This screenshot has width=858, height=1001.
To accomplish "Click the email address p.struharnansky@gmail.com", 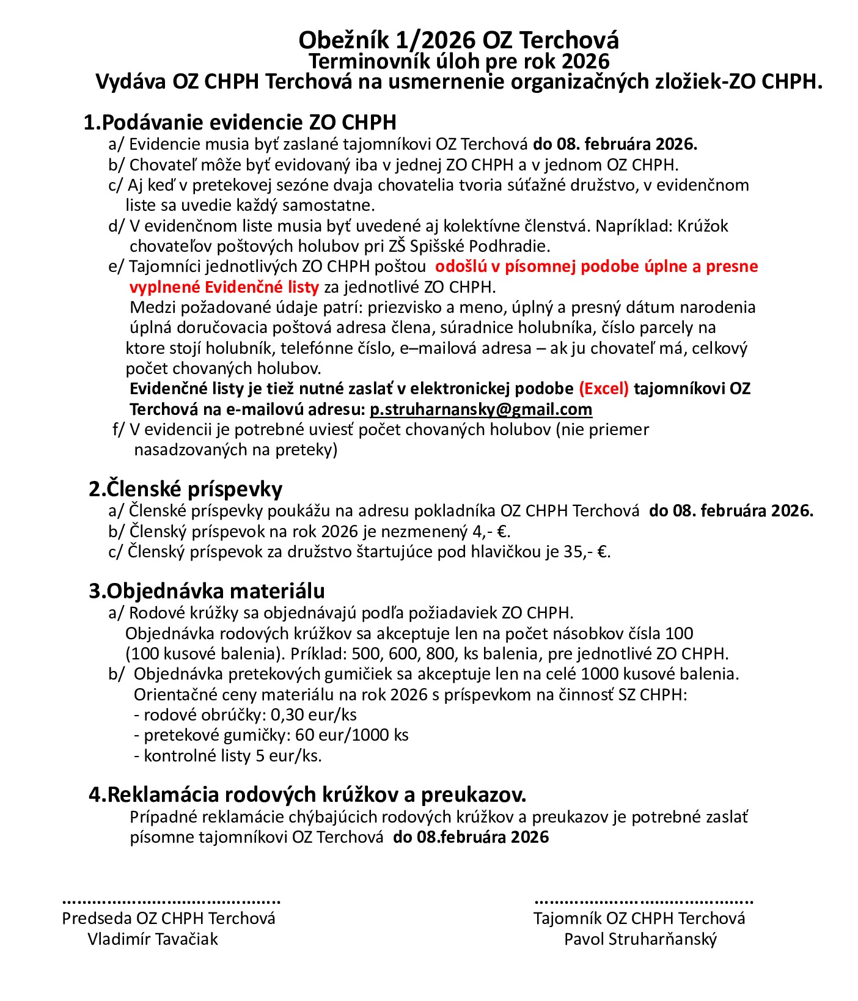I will pos(481,409).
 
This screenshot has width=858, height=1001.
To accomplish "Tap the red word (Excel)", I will pos(604,389).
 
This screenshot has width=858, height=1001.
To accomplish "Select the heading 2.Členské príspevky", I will pos(185,489).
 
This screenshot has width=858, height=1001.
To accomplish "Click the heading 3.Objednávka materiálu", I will pos(207,591).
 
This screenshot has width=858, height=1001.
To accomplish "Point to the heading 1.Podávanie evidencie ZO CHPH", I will pos(240,122).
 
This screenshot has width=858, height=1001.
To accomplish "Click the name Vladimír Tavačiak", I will pos(153,939).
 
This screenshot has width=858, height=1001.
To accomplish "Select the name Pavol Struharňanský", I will pos(640,939).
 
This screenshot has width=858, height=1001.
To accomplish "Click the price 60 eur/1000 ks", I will pos(351,735).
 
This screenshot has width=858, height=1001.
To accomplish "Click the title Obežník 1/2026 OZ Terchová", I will pos(458,40).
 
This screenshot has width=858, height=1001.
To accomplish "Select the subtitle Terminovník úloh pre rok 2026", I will pos(458,61).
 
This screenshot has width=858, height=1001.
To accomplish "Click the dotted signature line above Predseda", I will pos(171,901).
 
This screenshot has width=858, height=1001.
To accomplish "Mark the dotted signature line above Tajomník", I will pos(643,901).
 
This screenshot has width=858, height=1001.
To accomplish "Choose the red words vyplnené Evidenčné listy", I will pos(224,287).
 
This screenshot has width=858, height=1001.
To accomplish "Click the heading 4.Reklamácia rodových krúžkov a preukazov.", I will pos(307,794).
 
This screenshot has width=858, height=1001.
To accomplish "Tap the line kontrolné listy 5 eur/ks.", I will pos(228,755).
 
